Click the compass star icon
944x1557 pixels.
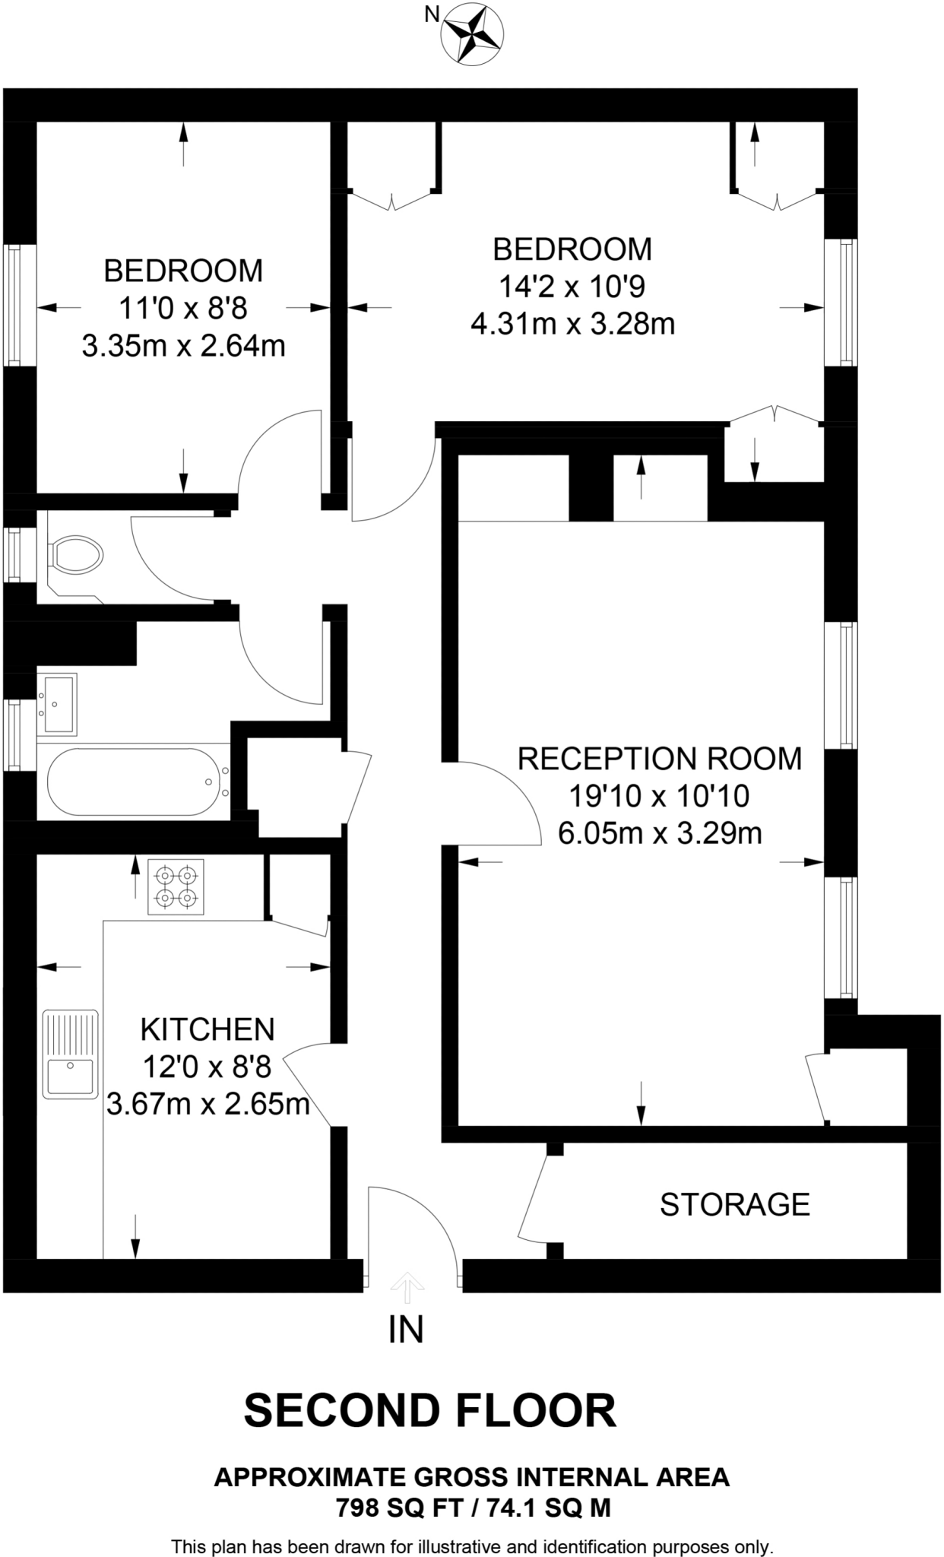pos(474,33)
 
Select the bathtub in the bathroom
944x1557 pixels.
pos(134,782)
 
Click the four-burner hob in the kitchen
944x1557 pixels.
pos(176,886)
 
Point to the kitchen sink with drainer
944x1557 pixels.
pos(70,1054)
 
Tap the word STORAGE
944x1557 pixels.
pos(734,1205)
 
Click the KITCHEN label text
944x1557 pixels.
pos(207,1029)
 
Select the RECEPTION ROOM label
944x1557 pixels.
pos(659,759)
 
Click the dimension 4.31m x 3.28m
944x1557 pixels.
pos(572,325)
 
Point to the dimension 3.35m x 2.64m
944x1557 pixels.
pos(183,347)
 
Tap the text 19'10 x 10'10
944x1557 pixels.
pos(659,796)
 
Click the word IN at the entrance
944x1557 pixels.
pos(406,1330)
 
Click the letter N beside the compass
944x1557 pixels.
pos(431,14)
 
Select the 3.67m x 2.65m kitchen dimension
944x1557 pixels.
pos(207,1104)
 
